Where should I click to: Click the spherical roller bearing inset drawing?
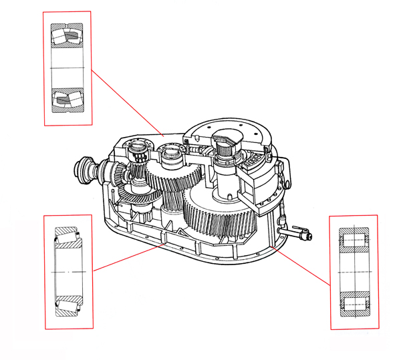click(67, 67)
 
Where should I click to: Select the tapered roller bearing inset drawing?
click(68, 272)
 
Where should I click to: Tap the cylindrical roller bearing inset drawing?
click(354, 273)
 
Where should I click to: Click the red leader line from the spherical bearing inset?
click(127, 100)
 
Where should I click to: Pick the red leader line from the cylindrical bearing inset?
click(304, 264)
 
